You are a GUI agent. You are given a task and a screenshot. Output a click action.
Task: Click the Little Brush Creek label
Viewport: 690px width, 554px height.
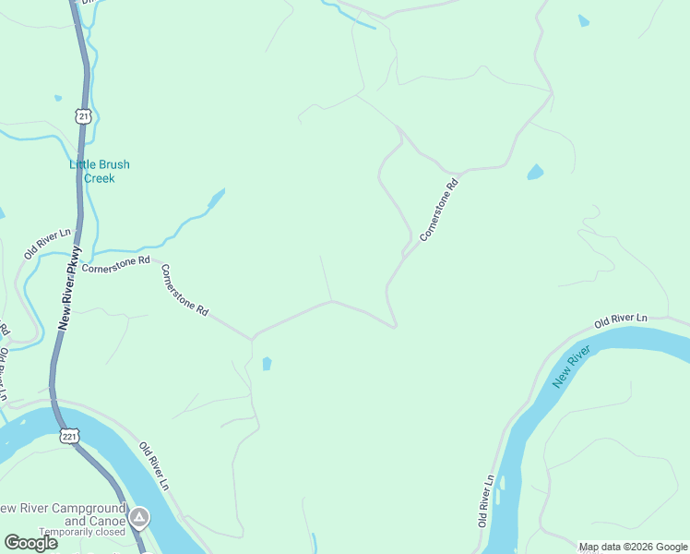point(100,171)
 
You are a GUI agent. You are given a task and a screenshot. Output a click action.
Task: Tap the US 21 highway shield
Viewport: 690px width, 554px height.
point(84,116)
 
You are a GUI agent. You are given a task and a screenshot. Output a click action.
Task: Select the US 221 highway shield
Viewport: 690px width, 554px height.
point(70,435)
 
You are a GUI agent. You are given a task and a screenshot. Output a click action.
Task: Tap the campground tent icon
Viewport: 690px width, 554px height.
point(139,516)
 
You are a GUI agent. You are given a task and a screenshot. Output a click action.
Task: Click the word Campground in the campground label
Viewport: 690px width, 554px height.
point(78,509)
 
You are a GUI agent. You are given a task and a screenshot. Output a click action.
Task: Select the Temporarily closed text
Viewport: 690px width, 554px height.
point(77,532)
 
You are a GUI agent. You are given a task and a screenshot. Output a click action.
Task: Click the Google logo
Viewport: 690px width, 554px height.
point(30,543)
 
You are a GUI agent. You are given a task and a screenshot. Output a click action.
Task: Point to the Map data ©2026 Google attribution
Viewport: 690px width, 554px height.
point(634,547)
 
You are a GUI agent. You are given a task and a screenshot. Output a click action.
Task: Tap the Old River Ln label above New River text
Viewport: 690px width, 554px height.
point(621,319)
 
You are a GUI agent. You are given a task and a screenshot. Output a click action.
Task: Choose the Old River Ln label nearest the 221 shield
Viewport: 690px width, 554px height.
point(154,465)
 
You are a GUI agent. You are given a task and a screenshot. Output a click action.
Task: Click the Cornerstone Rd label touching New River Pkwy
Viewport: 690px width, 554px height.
point(115,266)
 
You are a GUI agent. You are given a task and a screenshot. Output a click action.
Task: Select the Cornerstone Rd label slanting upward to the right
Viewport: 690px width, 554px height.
point(439,211)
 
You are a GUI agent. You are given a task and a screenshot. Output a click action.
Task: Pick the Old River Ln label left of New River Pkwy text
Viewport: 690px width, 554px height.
point(47,243)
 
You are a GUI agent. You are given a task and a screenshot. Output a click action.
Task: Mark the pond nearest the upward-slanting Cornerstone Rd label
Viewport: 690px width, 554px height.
point(534,172)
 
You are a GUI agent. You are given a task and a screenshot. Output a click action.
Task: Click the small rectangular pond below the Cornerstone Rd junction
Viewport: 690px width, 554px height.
point(267,364)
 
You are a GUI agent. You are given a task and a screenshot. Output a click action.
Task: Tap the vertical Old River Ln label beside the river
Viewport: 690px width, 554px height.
point(486,501)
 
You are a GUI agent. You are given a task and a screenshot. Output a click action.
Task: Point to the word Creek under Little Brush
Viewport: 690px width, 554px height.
point(100,178)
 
